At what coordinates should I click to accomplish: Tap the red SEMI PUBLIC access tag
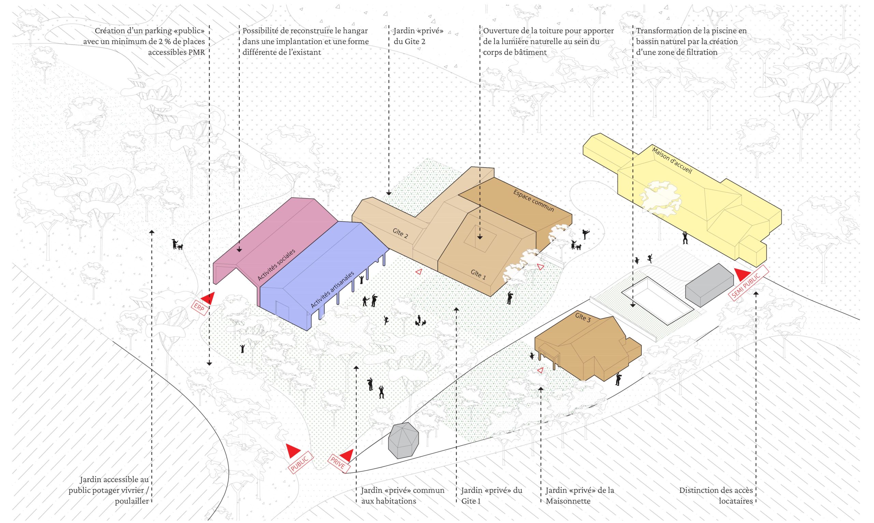748,282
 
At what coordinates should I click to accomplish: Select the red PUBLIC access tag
300,462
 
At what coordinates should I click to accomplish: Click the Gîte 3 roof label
583,317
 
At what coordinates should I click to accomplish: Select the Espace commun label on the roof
533,201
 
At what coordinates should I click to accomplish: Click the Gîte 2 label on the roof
400,233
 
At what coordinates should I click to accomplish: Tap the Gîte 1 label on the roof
478,274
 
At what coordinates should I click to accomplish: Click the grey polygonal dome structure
403,440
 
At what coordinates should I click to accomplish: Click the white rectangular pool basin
658,301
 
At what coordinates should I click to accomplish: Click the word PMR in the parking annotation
197,52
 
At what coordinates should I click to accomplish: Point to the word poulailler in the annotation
132,501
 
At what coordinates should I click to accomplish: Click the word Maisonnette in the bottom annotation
568,501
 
